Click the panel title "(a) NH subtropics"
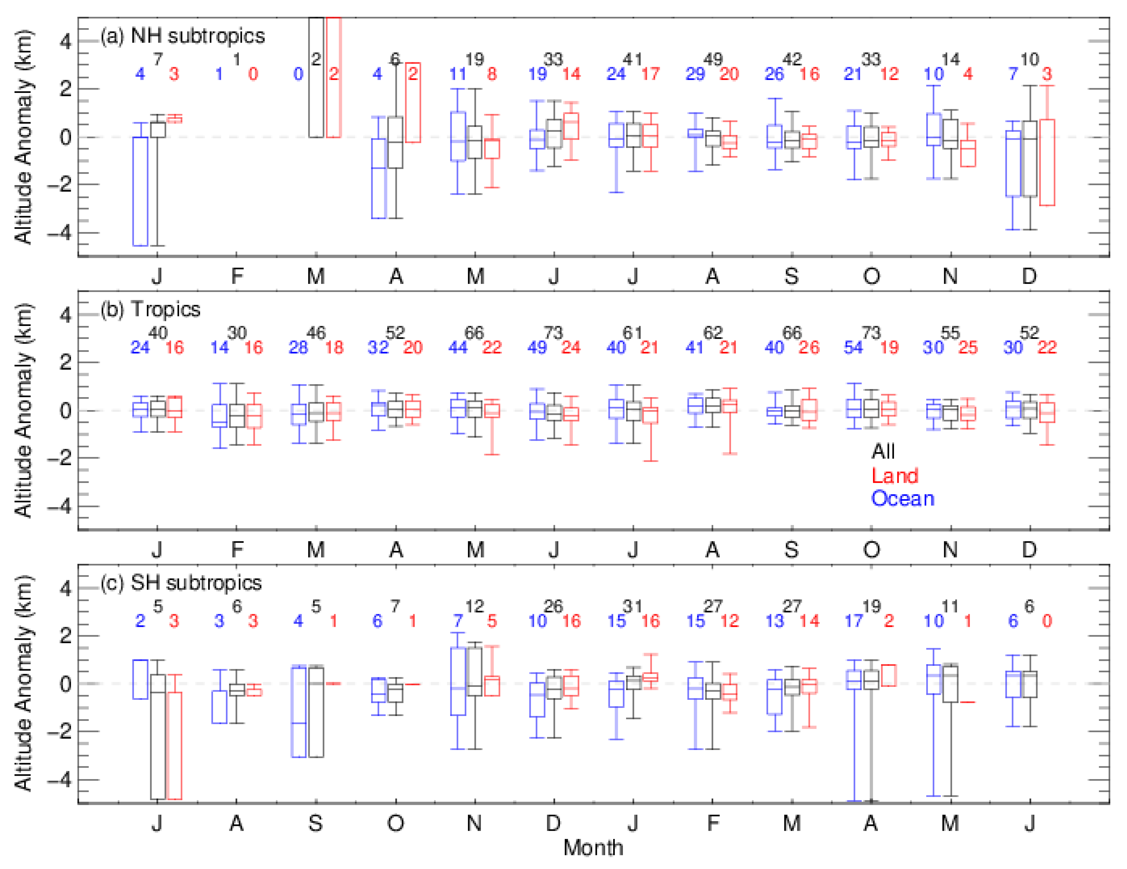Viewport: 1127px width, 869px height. pos(182,36)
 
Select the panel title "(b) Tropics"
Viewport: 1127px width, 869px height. pos(150,310)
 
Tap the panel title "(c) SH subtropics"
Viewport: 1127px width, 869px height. pos(181,583)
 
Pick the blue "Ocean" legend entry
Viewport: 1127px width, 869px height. pos(902,499)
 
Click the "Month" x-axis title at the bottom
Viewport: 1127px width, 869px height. pos(593,848)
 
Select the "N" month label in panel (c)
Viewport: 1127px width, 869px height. pos(474,824)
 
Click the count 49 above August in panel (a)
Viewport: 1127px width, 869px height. pos(713,59)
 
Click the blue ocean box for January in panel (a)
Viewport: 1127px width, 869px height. pos(140,191)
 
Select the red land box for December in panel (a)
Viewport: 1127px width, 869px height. pos(1047,162)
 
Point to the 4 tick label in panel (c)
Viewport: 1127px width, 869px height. pos(65,588)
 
